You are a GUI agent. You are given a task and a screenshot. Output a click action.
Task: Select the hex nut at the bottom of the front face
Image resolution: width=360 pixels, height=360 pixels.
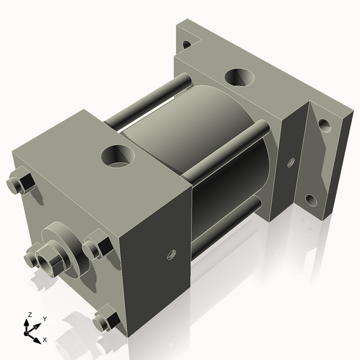106,319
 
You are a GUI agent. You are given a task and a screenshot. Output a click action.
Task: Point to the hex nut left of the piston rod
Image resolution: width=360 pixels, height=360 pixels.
32,258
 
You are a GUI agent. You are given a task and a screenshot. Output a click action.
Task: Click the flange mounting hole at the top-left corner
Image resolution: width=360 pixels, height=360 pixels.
186,44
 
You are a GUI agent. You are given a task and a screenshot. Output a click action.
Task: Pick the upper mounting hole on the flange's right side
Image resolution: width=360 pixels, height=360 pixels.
324,126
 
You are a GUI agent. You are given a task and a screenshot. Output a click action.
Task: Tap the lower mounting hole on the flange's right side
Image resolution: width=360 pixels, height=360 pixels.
310,199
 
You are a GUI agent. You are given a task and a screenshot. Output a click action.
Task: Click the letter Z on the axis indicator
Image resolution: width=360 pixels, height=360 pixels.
29,314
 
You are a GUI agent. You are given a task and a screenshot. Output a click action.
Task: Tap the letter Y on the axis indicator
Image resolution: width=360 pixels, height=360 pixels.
45,320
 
